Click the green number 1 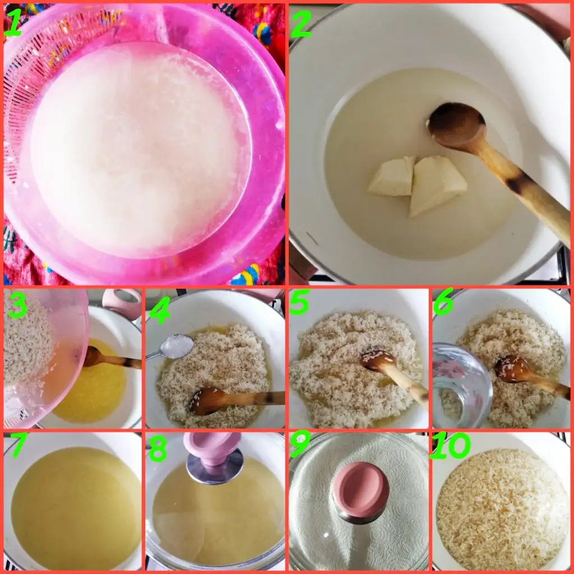click(x=13, y=22)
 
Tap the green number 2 click(x=300, y=24)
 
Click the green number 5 click(x=299, y=302)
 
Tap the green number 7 click(x=18, y=445)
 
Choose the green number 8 click(x=158, y=448)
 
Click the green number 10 click(x=450, y=445)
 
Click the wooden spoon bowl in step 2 click(x=456, y=124)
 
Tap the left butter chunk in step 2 click(x=392, y=176)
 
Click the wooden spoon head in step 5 click(x=378, y=359)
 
